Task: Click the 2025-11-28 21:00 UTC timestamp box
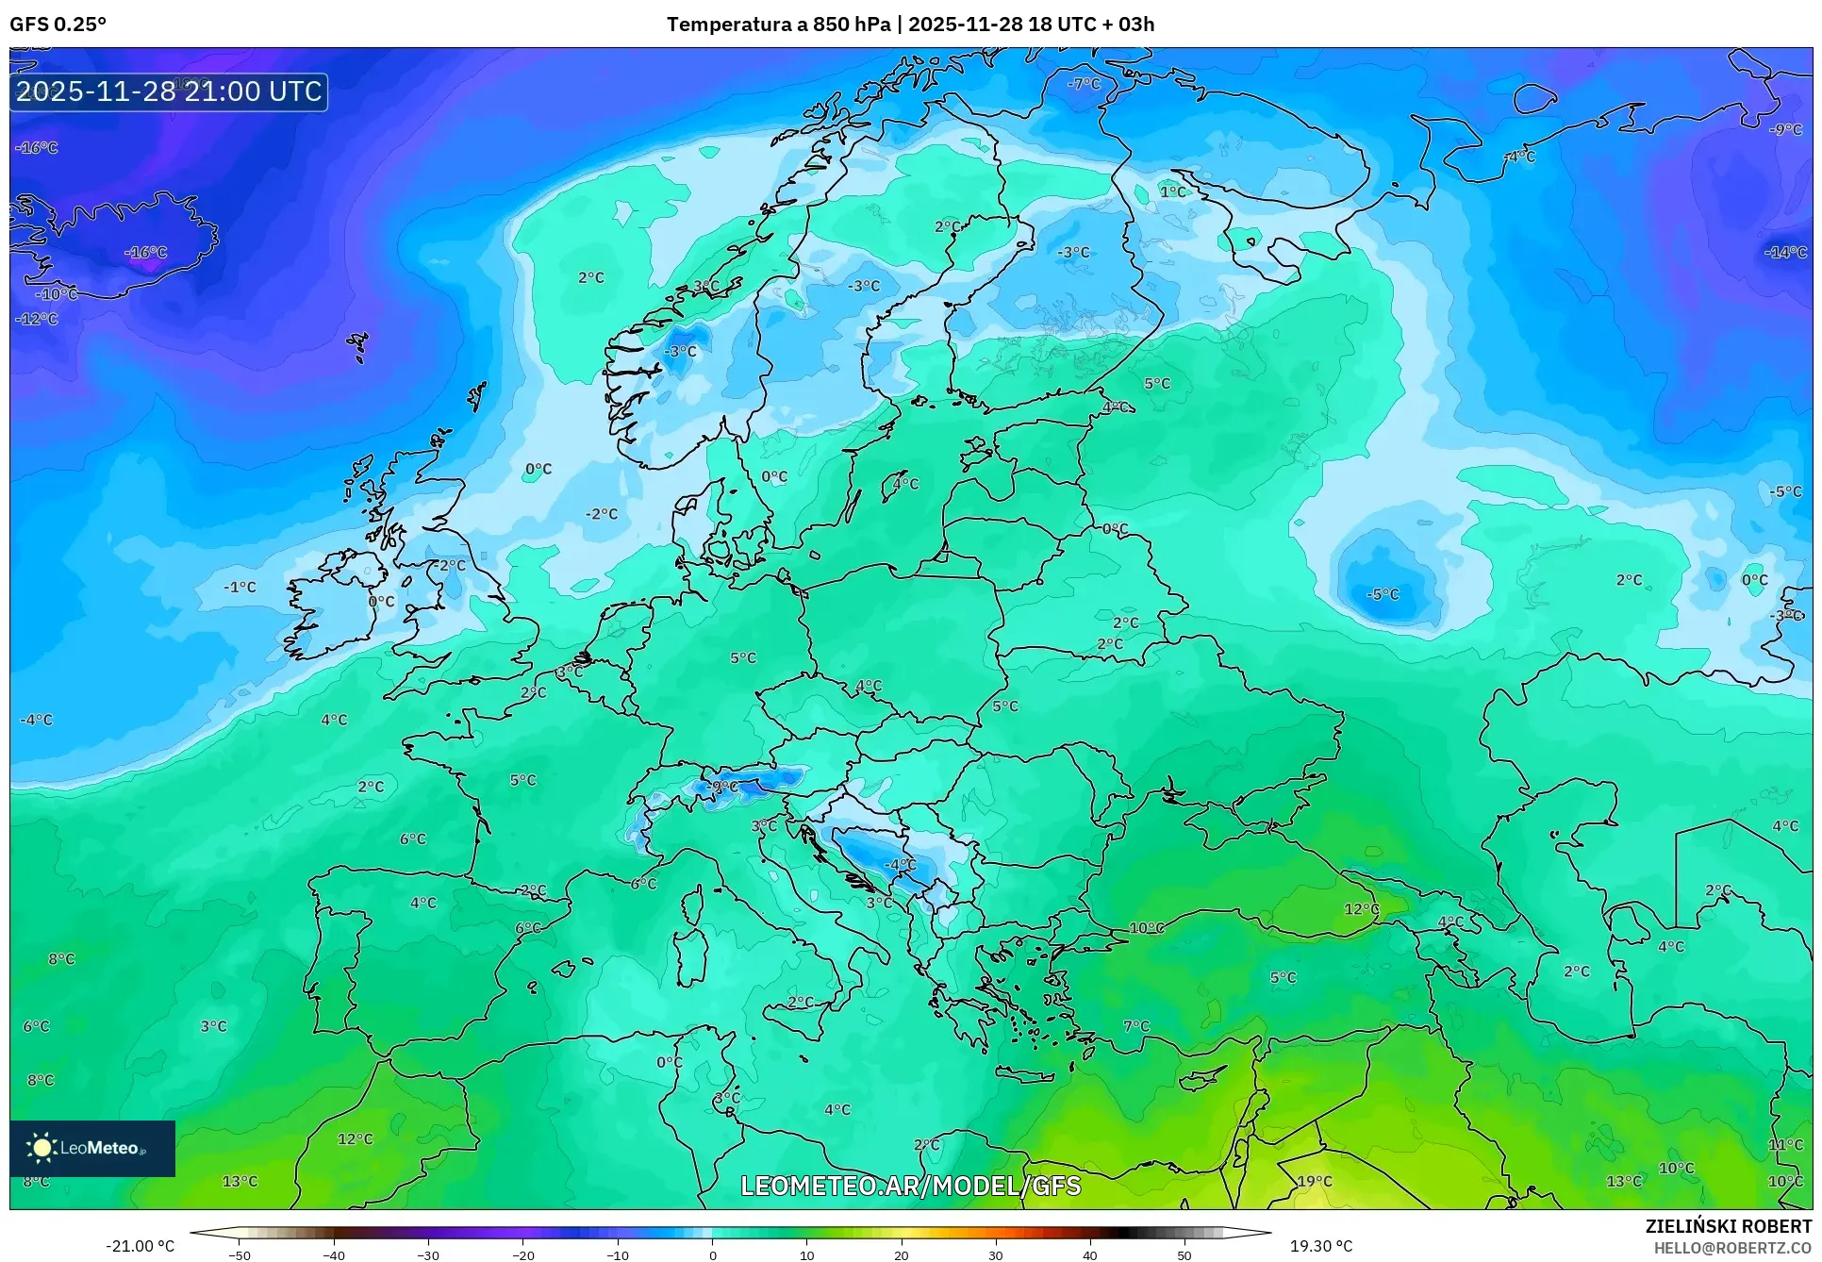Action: click(169, 91)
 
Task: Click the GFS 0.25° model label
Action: click(58, 25)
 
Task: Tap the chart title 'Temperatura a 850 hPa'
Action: click(778, 25)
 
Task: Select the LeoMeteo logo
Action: click(91, 1148)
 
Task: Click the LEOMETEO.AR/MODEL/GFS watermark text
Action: click(910, 1186)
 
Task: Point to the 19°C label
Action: click(1315, 1181)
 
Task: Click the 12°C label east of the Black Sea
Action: click(1361, 908)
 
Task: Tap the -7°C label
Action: click(1084, 83)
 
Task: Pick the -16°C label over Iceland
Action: click(146, 252)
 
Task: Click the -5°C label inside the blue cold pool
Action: click(1383, 594)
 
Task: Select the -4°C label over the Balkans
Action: click(899, 864)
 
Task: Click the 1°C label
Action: click(1172, 191)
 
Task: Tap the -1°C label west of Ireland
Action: click(240, 587)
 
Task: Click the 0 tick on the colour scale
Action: click(712, 1254)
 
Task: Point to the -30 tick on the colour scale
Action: click(428, 1254)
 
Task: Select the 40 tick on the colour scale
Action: click(1089, 1254)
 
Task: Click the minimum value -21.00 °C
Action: click(140, 1246)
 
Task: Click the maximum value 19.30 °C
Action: click(1320, 1246)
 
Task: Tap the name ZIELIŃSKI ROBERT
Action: click(1729, 1226)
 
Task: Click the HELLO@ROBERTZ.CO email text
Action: click(1732, 1248)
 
